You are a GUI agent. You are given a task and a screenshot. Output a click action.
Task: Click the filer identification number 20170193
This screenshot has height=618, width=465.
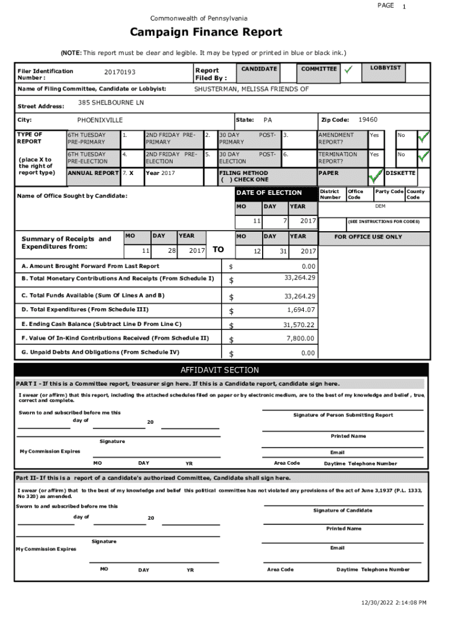120,72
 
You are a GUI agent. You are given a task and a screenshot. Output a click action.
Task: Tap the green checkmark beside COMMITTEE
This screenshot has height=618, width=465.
348,71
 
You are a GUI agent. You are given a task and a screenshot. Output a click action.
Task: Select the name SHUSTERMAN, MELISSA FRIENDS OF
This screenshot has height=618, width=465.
251,89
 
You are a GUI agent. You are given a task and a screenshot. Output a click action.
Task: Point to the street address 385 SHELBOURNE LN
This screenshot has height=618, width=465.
111,103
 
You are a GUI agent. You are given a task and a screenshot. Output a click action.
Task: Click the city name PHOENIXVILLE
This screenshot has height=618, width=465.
100,120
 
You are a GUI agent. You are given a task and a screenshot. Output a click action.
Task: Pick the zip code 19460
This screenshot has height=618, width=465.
368,120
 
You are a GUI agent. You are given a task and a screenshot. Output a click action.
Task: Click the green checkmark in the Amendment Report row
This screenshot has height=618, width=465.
424,138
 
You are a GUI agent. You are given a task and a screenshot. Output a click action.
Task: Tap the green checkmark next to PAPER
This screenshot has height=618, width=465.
376,176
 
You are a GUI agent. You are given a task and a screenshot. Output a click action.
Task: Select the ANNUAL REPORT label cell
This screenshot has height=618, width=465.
92,173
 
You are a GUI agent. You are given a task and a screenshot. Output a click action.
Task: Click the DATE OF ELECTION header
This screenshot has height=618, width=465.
269,193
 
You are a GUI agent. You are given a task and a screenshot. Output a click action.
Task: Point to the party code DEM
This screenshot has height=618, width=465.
380,206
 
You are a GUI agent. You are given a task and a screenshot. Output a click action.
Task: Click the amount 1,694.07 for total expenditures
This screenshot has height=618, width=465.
301,310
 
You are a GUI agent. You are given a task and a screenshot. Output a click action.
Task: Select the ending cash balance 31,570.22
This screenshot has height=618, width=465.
299,325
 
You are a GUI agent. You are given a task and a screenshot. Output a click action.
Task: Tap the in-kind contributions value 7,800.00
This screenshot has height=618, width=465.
301,339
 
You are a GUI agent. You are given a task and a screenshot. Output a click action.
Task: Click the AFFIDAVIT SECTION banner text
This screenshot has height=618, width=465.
220,370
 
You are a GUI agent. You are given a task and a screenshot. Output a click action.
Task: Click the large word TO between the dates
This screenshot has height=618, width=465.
219,249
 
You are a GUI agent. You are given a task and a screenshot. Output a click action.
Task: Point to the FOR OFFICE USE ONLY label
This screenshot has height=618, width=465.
368,237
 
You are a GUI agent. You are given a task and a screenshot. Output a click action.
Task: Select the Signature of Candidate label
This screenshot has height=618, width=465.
342,511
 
